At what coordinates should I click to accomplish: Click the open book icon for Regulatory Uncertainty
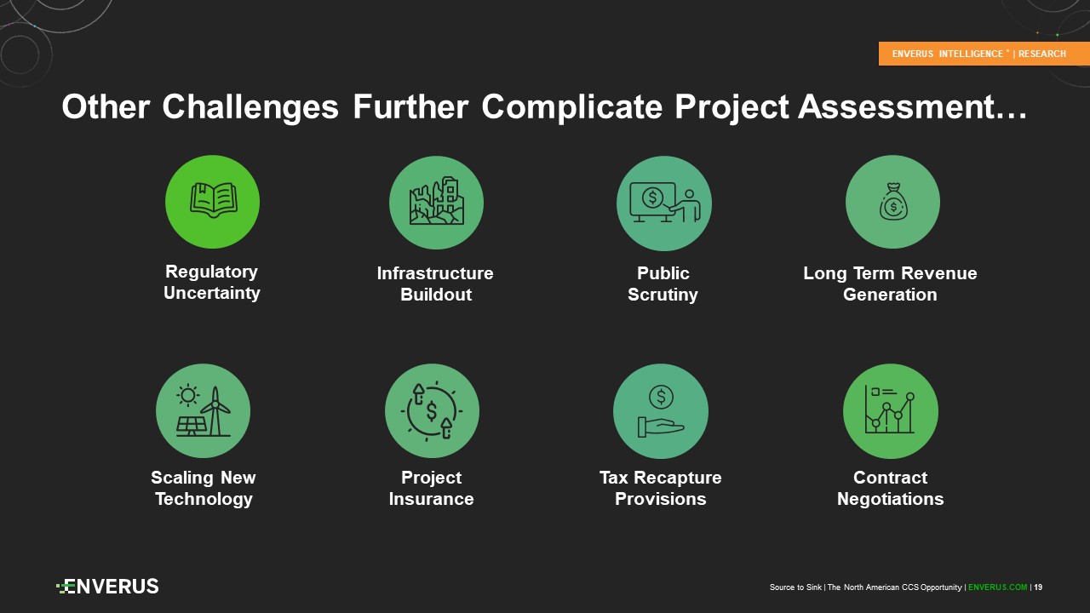pyautogui.click(x=213, y=200)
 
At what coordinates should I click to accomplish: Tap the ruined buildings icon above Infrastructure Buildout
pyautogui.click(x=437, y=200)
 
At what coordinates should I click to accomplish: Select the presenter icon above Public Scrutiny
pyautogui.click(x=665, y=202)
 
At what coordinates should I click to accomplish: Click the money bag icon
pyautogui.click(x=893, y=202)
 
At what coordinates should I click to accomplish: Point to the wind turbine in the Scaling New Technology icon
pyautogui.click(x=215, y=411)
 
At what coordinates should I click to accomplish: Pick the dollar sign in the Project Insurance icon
pyautogui.click(x=432, y=411)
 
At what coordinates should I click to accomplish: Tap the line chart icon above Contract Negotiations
pyautogui.click(x=890, y=410)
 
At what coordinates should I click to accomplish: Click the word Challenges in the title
pyautogui.click(x=250, y=107)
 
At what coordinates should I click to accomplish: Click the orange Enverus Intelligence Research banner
pyautogui.click(x=984, y=54)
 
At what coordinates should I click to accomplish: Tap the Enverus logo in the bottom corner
pyautogui.click(x=107, y=587)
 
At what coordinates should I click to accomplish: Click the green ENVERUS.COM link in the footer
pyautogui.click(x=997, y=587)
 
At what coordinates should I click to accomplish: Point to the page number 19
pyautogui.click(x=1038, y=587)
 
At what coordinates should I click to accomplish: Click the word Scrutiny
pyautogui.click(x=663, y=295)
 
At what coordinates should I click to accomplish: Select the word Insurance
pyautogui.click(x=431, y=499)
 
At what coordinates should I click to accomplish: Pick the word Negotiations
pyautogui.click(x=890, y=499)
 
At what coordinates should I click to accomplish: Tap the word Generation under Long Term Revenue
pyautogui.click(x=890, y=295)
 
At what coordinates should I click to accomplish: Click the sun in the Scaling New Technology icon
pyautogui.click(x=188, y=395)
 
